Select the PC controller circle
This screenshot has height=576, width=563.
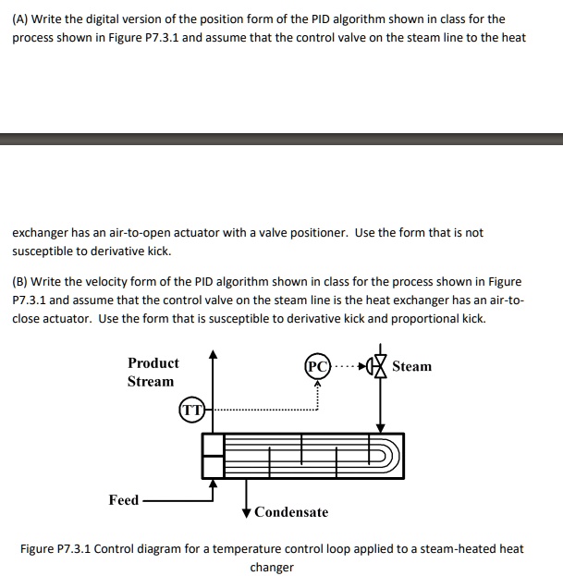pos(316,366)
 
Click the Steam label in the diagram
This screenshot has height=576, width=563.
pos(411,367)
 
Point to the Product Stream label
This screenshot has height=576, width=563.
pos(153,373)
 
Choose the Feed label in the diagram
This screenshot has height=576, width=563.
pos(123,500)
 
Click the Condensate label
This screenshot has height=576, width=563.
pos(291,512)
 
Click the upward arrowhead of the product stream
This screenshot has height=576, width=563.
pos(213,353)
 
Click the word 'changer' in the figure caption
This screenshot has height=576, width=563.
pos(272,567)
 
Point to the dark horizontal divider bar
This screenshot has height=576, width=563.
pos(281,140)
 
